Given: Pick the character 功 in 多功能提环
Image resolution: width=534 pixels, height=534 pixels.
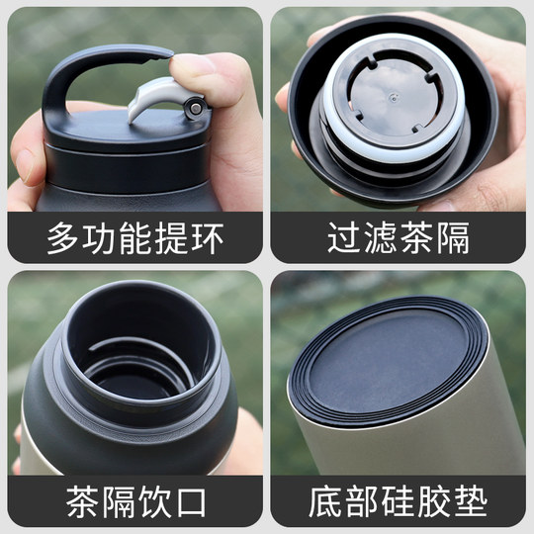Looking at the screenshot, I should (x=98, y=239).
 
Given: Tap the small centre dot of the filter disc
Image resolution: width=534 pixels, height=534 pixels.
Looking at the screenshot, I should (x=393, y=97).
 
